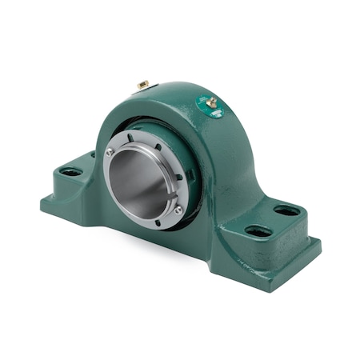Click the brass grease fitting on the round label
(212, 102)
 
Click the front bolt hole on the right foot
(258, 231)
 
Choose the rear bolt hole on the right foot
(286, 211)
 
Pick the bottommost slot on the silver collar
(157, 226)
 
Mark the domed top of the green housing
(180, 92)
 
